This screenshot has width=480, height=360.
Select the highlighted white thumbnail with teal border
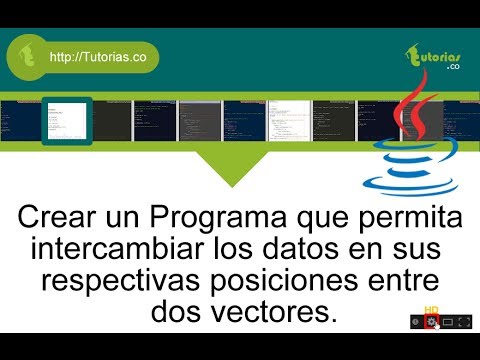coord(66,121)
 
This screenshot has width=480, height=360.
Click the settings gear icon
coord(431,322)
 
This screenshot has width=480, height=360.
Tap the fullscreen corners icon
coord(465,322)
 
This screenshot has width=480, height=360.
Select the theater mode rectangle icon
coord(448,322)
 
